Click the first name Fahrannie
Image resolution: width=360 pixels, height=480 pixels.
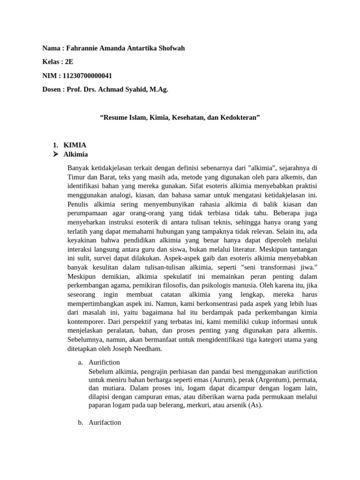tap(83, 48)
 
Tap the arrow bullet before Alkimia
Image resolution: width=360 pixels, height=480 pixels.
tap(55, 154)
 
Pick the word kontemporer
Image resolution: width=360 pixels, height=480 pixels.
tap(87, 322)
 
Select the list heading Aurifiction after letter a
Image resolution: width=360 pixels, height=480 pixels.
tap(104, 362)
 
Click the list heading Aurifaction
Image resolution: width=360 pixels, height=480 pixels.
tap(105, 422)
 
